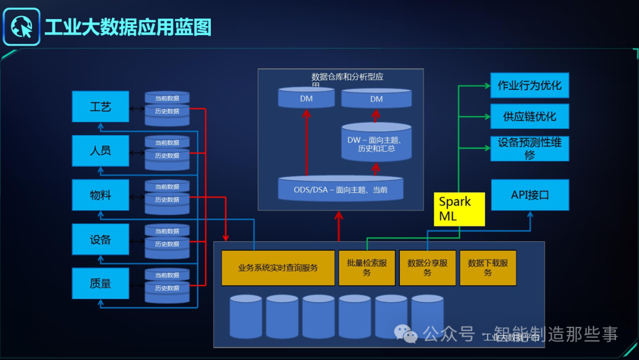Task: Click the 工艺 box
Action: (100, 107)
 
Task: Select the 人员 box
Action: (100, 150)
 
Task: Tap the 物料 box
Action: (100, 195)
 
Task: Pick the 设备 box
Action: (100, 239)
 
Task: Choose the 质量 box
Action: (100, 283)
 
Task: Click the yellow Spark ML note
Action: (459, 209)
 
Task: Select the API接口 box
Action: (530, 195)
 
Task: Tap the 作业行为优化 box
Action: (530, 85)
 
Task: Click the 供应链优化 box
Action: (530, 116)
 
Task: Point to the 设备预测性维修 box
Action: (530, 149)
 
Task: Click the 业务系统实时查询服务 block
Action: (277, 268)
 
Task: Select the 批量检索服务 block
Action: (367, 268)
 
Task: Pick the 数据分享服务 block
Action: (427, 268)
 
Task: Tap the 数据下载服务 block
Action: (488, 268)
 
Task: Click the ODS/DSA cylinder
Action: (341, 189)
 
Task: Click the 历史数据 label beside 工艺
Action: (167, 111)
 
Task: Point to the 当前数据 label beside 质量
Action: (167, 275)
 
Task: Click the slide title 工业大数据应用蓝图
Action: (128, 27)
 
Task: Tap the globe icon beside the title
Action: (21, 27)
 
